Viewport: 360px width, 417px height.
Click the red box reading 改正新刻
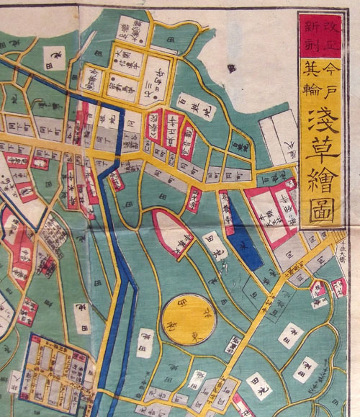312,34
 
